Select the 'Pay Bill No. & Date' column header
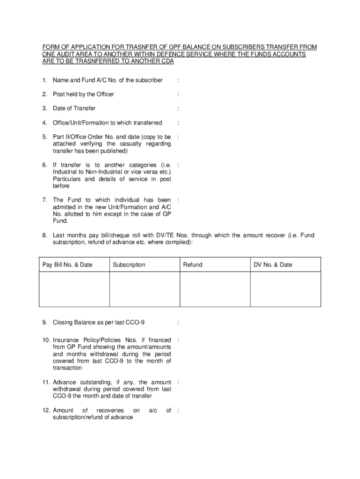(x=67, y=265)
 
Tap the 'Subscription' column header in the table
(x=129, y=265)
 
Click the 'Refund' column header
(x=193, y=265)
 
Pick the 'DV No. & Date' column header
(x=273, y=265)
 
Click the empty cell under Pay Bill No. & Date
(x=74, y=289)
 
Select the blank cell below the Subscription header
(x=144, y=289)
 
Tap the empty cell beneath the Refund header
(x=215, y=289)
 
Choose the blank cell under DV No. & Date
(x=286, y=289)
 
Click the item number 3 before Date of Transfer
(x=44, y=109)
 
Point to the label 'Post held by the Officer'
(x=83, y=94)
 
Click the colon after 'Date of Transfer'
(x=178, y=109)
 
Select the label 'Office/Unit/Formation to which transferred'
(x=108, y=123)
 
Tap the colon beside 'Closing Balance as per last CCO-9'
(x=178, y=323)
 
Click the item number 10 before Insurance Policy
(x=45, y=340)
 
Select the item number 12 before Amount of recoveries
(x=45, y=410)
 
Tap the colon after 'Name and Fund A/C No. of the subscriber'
(x=178, y=80)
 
